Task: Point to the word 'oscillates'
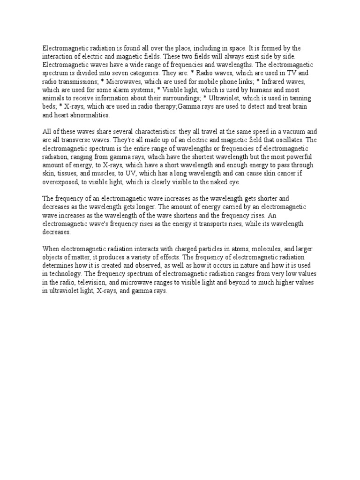tap(274, 139)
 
